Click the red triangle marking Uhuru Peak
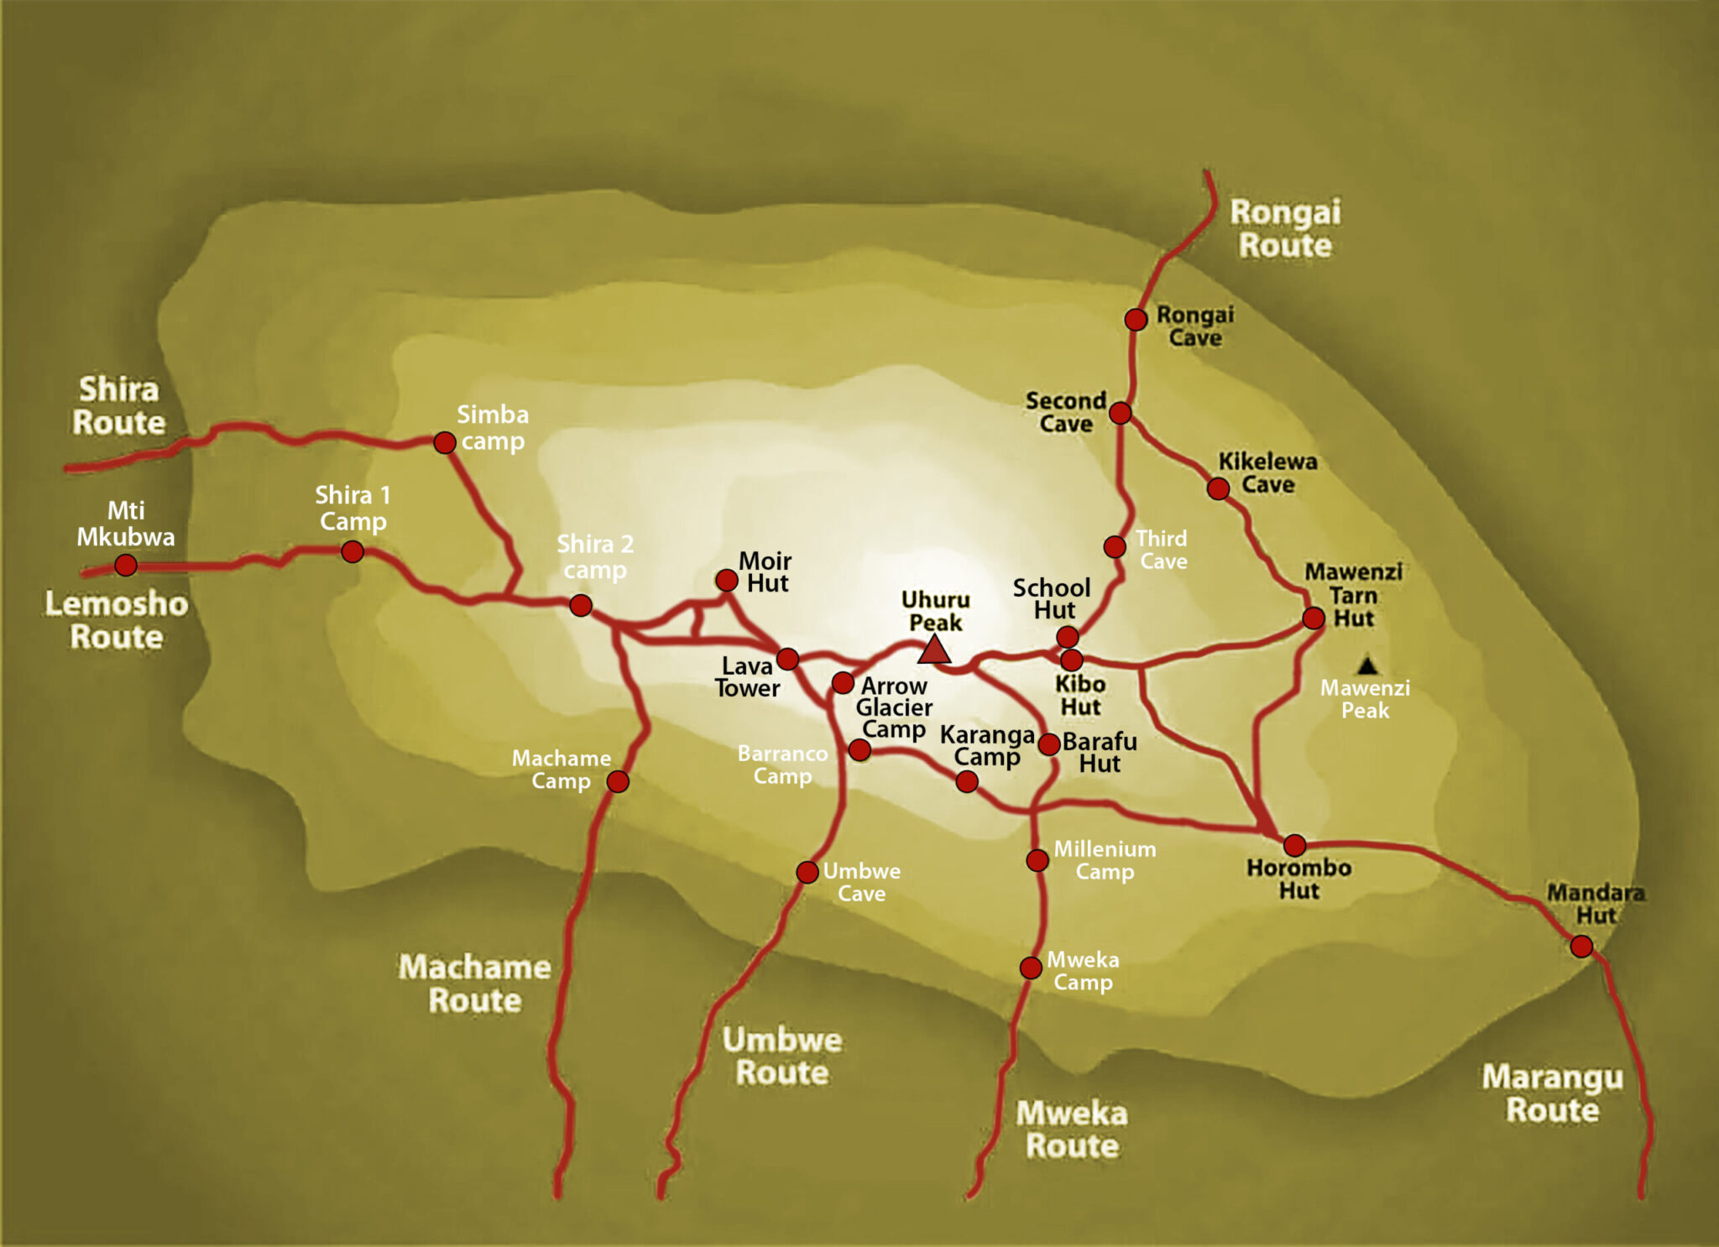tap(933, 651)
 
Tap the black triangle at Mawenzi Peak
tap(1368, 666)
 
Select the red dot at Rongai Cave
tap(1136, 320)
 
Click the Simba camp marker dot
tap(445, 442)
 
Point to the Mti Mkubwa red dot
tap(126, 565)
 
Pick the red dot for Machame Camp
tap(618, 782)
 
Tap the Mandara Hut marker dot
tap(1581, 947)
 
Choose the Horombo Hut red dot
tap(1295, 845)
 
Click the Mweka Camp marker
tap(1031, 968)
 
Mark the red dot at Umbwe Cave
tap(807, 872)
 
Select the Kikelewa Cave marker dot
tap(1218, 488)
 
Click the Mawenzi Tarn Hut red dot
tap(1314, 618)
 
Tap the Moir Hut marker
tap(727, 580)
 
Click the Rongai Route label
tap(1285, 229)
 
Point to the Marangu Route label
tap(1552, 1093)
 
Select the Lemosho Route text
tap(116, 620)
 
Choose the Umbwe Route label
tap(782, 1057)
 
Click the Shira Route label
tap(118, 406)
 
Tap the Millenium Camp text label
tap(1105, 860)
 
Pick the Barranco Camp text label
tap(782, 764)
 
